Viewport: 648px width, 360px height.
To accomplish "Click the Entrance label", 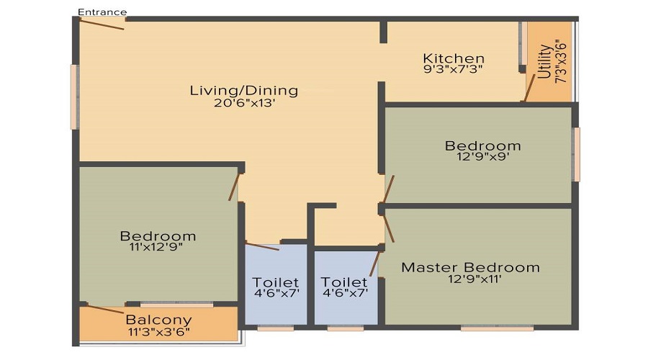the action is (x=102, y=12).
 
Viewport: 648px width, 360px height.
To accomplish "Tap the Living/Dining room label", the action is (x=244, y=91).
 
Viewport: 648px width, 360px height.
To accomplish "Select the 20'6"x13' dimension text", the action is (x=244, y=103).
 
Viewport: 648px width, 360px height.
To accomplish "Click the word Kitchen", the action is (x=454, y=58).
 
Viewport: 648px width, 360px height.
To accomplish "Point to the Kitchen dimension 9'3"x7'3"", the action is (x=453, y=69).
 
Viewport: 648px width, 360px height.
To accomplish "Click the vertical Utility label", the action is (x=545, y=61).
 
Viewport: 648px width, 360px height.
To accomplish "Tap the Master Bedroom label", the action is (x=470, y=267).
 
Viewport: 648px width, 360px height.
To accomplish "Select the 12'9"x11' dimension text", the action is (x=474, y=279).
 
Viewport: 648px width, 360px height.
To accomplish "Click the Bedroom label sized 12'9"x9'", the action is (x=482, y=145).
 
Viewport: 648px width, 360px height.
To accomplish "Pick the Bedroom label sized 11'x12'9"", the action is (x=158, y=236).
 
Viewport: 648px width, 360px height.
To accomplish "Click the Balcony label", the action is (x=158, y=320).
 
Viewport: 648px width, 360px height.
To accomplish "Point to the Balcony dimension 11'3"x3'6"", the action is (x=158, y=331).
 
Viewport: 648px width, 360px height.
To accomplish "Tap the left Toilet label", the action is (x=275, y=282).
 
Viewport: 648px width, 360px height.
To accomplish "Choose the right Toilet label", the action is (x=344, y=282).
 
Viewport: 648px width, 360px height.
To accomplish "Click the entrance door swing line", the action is (x=102, y=24).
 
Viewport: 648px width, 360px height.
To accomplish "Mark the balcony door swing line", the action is (x=105, y=309).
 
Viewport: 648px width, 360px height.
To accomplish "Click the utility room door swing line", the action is (x=529, y=88).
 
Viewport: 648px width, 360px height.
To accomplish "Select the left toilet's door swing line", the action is (x=262, y=246).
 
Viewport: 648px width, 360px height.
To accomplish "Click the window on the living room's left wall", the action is (x=75, y=97).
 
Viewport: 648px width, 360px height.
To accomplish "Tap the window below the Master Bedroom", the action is (x=497, y=328).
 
